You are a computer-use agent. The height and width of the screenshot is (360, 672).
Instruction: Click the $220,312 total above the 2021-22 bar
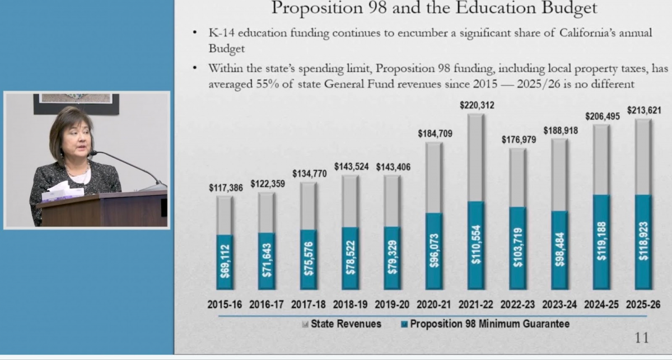477,105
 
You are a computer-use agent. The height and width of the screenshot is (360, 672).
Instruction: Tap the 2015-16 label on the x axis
225,305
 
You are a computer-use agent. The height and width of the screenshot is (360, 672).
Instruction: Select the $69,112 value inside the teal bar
225,263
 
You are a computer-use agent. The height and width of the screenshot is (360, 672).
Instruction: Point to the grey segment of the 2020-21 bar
434,177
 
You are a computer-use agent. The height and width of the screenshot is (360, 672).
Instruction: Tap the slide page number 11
641,338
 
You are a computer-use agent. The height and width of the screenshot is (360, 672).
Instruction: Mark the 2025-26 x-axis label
643,305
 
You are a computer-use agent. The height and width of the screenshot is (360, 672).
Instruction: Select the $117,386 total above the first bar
225,188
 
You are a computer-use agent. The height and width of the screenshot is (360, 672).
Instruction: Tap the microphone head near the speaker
93,153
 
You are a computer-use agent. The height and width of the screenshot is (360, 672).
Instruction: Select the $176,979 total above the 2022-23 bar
519,139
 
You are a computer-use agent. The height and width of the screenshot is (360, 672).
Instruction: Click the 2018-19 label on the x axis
351,305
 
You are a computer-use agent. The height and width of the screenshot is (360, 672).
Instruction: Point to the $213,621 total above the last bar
643,110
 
